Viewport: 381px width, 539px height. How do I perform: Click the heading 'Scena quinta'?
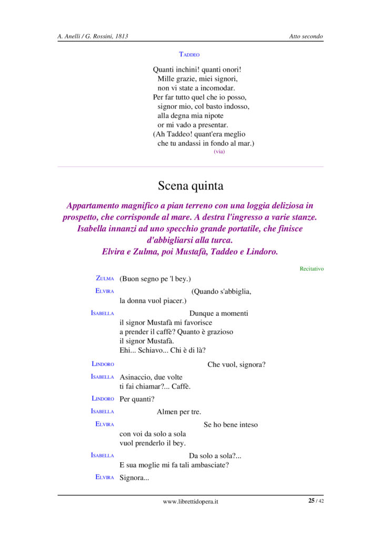190,186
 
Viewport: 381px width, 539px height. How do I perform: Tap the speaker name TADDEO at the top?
189,54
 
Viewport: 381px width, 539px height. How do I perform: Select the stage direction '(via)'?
219,152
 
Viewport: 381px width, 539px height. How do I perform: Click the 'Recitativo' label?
312,269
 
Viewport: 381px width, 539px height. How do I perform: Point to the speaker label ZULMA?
105,278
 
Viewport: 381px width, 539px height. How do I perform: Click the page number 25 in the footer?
312,501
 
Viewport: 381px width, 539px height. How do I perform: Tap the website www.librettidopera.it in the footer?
190,502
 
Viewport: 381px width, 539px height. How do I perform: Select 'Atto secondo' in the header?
306,36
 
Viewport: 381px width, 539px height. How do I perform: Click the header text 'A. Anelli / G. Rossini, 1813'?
93,36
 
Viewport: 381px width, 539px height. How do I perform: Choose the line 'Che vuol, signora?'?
236,364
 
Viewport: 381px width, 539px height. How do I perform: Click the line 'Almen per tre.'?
179,412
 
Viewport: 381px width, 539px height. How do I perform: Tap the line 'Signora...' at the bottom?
135,477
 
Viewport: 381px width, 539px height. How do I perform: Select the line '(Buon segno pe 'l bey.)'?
155,278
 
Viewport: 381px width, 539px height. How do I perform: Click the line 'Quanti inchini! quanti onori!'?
197,69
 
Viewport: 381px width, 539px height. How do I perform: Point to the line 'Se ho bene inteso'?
230,424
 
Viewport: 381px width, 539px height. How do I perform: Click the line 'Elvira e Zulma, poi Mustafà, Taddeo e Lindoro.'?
190,252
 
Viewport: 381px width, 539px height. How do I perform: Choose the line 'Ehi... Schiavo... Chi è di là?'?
163,351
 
